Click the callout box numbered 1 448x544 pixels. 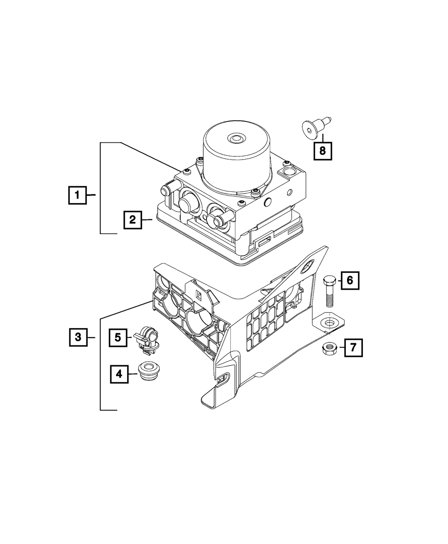pos(78,195)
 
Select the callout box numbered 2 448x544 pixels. pos(133,220)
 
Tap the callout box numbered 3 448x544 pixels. pos(78,337)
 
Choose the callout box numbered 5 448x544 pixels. pos(118,337)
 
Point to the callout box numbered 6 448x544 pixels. pos(350,281)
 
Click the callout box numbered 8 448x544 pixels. pos(323,151)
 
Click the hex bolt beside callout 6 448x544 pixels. pos(328,290)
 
